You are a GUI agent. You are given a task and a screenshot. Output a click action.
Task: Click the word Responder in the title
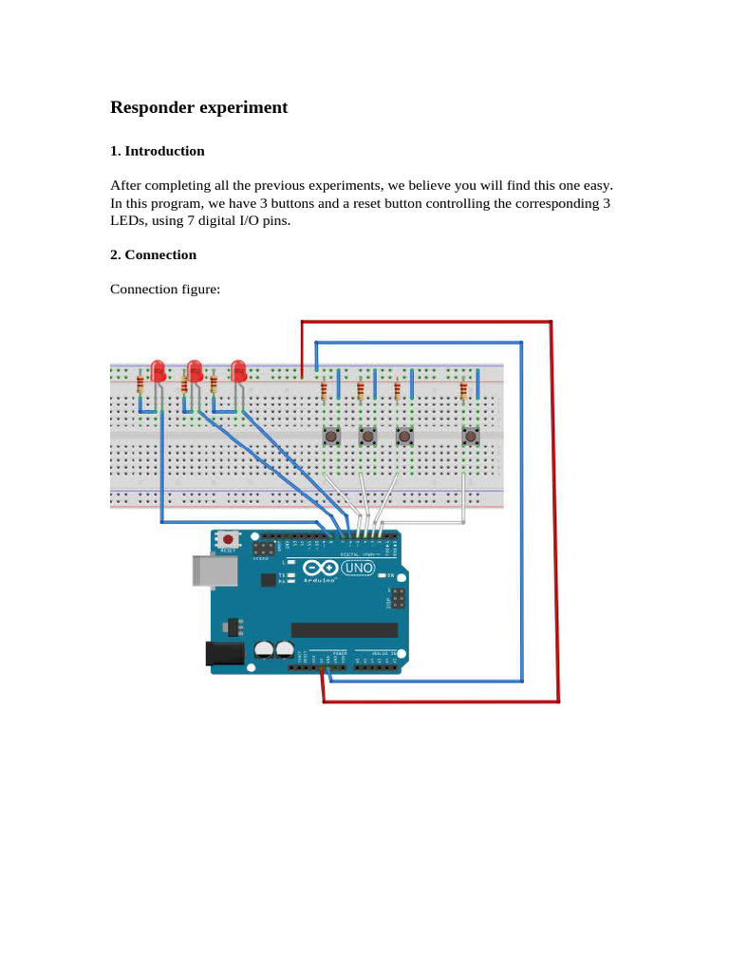tap(153, 108)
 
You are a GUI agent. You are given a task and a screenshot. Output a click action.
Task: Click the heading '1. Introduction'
tap(157, 151)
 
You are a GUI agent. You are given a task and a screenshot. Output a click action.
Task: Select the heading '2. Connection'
tap(153, 254)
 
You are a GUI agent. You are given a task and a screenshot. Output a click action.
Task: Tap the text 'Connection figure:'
tap(165, 289)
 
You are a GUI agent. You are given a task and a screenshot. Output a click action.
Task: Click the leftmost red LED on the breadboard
tap(159, 369)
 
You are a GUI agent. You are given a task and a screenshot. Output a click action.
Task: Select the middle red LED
tap(195, 369)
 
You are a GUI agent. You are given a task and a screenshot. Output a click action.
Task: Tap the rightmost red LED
tap(238, 369)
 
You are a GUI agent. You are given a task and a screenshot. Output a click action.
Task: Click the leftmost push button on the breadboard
tap(331, 436)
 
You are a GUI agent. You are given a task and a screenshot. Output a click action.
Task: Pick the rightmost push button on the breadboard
tap(470, 436)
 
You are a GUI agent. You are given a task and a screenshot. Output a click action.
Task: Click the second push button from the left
tap(367, 436)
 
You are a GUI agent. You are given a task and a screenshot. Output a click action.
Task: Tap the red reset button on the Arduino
tap(228, 540)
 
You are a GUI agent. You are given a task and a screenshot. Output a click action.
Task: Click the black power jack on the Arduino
tap(221, 653)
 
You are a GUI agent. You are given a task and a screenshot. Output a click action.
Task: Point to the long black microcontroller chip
tap(344, 630)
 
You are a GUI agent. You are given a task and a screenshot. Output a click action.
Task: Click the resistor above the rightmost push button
tap(463, 389)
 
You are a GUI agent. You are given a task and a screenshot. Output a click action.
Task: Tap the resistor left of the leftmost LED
tap(140, 383)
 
